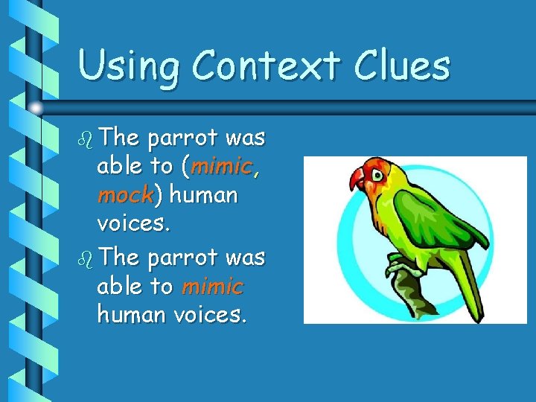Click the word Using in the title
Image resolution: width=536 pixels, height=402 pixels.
(x=128, y=66)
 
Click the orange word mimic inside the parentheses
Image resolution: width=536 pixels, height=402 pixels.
(x=222, y=167)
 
